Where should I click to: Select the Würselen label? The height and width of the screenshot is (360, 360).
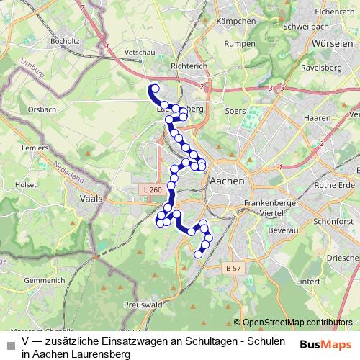tap(332, 43)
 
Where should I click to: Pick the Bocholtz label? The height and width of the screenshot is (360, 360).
tap(66, 42)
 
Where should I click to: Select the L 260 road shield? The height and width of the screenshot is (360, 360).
tap(152, 189)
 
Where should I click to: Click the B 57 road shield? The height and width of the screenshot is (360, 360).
tap(232, 268)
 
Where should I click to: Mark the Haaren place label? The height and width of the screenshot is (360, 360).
tap(317, 117)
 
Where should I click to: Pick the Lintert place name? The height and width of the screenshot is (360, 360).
tap(307, 281)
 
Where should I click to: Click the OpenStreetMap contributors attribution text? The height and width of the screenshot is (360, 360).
tap(296, 323)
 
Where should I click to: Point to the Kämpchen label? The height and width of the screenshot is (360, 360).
tap(235, 22)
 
